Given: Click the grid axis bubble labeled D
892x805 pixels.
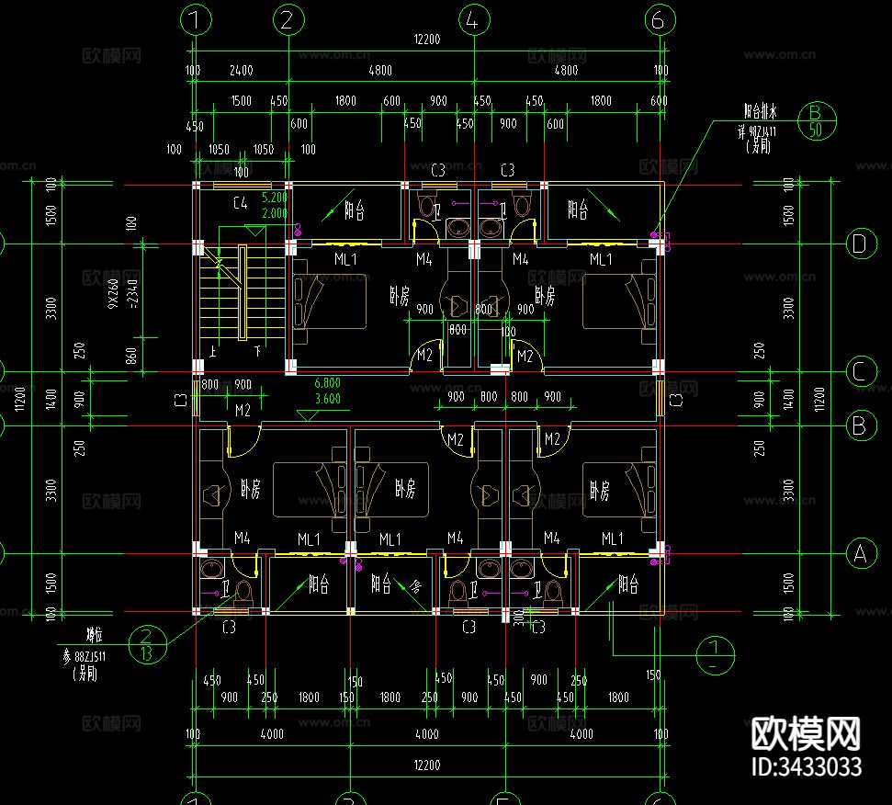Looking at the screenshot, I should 860,244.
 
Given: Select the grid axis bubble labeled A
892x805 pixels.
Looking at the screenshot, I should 860,554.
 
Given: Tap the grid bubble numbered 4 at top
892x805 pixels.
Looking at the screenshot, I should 472,19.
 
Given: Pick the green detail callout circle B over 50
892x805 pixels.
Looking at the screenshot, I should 815,121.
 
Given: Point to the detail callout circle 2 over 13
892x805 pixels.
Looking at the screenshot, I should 149,644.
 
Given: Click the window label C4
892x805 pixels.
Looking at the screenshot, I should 242,202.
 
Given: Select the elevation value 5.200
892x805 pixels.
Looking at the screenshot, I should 275,198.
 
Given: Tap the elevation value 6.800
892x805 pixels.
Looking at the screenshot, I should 327,383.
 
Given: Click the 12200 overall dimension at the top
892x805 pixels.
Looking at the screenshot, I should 427,39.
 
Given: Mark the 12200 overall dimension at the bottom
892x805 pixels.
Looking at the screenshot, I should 427,765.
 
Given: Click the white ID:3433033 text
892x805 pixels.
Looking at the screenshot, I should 806,766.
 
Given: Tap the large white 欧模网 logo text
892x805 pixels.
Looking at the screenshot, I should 806,733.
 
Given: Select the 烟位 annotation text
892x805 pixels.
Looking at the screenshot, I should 94,633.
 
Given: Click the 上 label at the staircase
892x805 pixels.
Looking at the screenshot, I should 213,351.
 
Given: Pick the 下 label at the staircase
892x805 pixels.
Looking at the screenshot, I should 258,351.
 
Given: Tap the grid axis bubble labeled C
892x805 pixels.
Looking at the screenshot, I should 860,372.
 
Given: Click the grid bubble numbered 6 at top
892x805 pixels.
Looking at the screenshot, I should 659,19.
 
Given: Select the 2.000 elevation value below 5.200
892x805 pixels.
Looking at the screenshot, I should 275,213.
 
